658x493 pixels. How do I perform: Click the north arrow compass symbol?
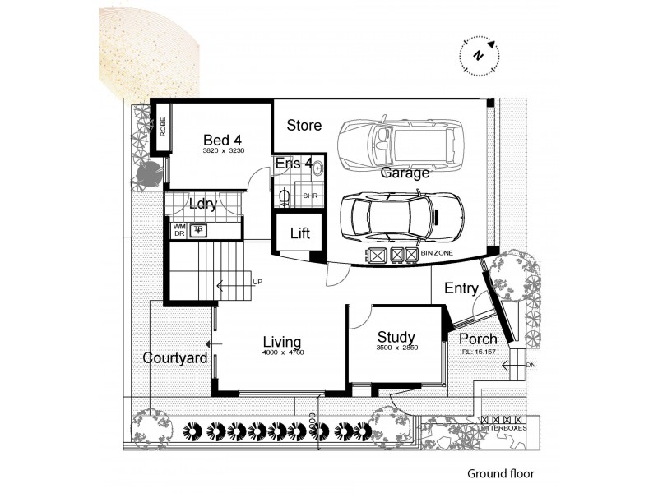(x=478, y=55)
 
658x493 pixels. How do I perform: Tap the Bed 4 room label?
(x=200, y=141)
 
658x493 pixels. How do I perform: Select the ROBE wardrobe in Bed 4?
(x=163, y=127)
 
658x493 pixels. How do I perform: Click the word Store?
(x=304, y=126)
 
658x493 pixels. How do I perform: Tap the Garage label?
(x=405, y=173)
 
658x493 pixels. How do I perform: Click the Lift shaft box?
(x=299, y=234)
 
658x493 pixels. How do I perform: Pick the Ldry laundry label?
(x=202, y=204)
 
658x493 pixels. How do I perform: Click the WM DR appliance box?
(x=178, y=230)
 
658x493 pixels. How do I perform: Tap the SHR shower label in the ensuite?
(x=309, y=196)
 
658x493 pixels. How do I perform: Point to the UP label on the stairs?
(x=257, y=282)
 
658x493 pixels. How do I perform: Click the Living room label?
(x=281, y=342)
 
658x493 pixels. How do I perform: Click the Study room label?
(x=396, y=338)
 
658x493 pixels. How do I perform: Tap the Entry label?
(x=461, y=288)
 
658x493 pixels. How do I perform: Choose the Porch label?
(x=477, y=339)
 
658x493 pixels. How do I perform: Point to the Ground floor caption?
(x=500, y=473)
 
